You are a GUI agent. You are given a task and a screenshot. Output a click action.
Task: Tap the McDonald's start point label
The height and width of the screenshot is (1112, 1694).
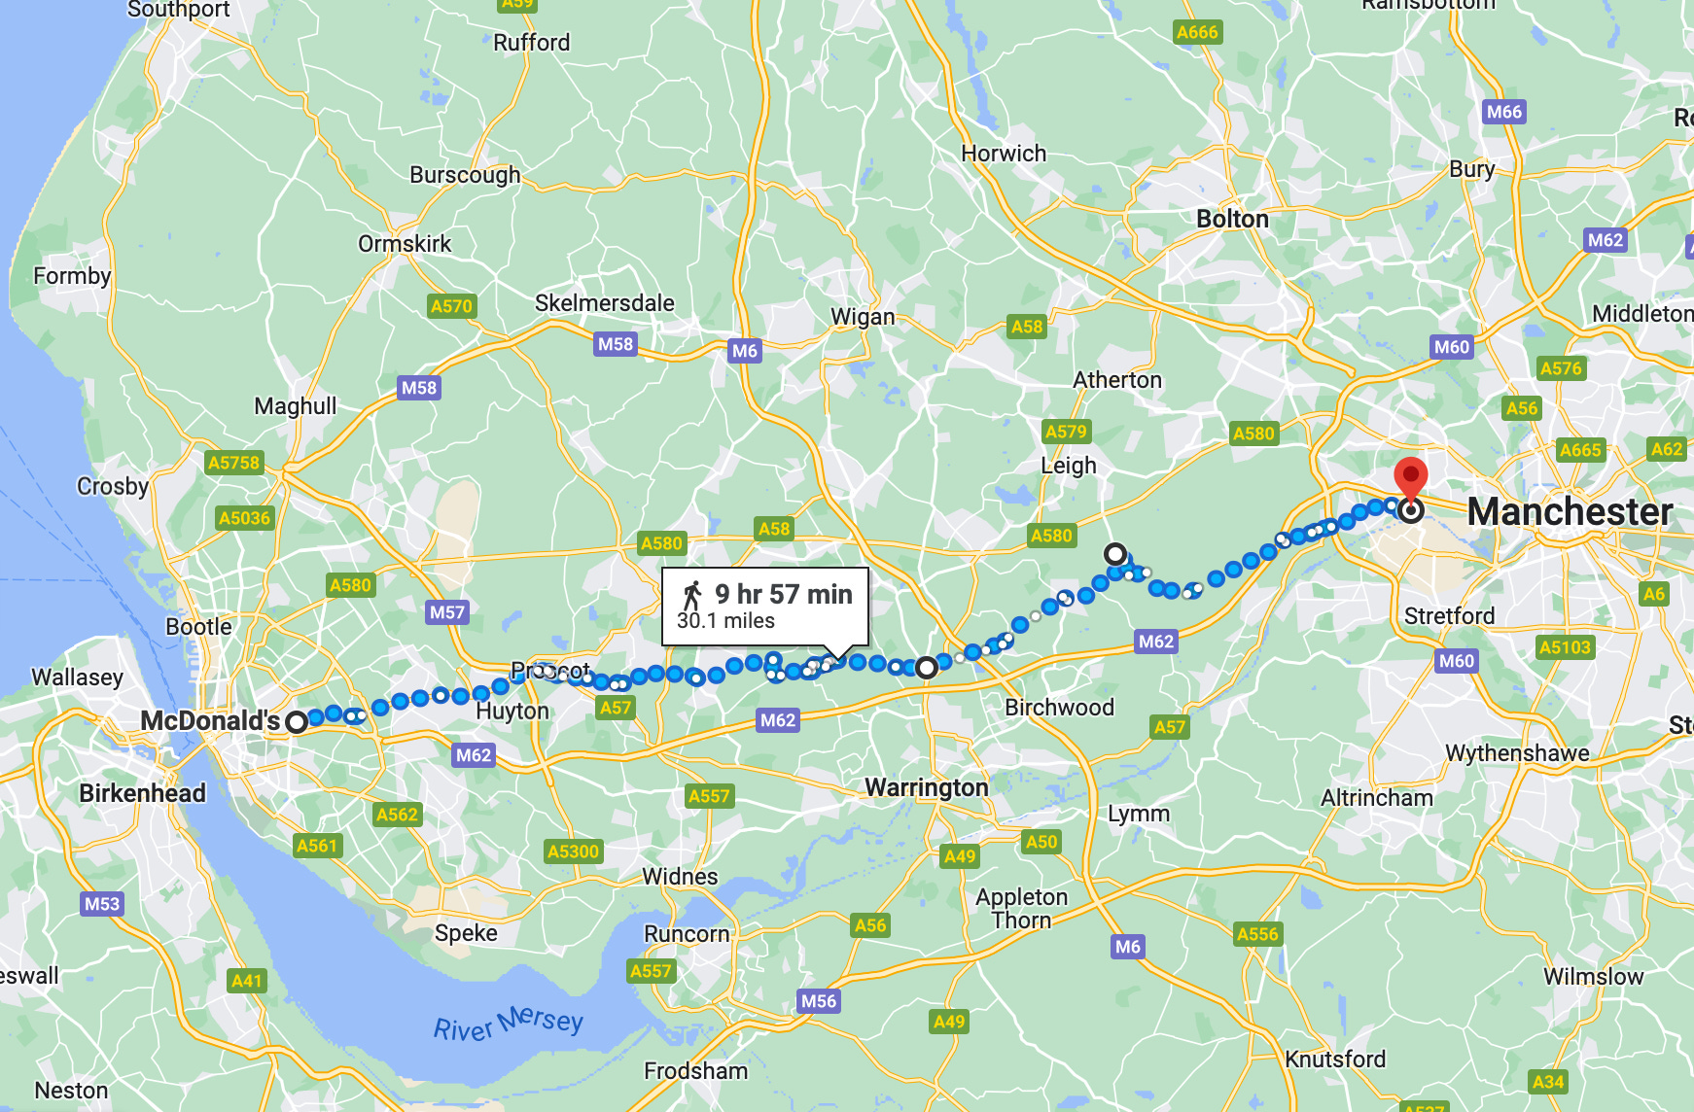coord(210,721)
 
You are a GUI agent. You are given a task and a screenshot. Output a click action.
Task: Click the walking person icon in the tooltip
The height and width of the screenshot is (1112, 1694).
coord(692,595)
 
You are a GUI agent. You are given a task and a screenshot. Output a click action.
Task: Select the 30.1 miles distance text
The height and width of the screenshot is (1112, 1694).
coord(725,621)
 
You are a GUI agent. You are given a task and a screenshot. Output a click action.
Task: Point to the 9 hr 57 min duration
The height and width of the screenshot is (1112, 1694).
coord(783,594)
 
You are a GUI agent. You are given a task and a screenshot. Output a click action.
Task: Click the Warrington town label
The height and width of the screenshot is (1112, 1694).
coord(926,787)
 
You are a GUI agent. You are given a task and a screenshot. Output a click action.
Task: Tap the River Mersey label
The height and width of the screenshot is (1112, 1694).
coord(508,1023)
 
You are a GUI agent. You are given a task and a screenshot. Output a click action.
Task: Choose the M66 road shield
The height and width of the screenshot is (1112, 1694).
coord(1503,112)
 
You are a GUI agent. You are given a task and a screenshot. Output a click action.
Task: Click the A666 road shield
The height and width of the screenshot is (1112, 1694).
coord(1196,32)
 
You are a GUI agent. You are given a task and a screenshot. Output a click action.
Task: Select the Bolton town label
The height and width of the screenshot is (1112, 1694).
coord(1232,220)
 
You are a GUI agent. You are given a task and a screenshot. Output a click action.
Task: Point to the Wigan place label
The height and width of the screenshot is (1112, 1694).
coord(863,317)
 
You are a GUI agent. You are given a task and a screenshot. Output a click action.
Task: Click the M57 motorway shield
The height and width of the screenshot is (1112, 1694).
coord(447,612)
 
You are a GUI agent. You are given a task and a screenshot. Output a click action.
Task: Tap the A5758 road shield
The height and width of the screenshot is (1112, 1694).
coord(234,463)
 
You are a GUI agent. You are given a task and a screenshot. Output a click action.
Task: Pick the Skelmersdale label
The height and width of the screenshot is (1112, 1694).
coord(604,303)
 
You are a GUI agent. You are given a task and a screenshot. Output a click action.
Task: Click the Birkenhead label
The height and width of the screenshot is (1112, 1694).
coord(142,793)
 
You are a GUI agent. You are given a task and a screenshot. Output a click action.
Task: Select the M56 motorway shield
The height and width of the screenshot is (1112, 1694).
coord(818,1001)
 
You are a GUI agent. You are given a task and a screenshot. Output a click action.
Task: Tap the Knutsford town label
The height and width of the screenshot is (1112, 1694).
coord(1334,1060)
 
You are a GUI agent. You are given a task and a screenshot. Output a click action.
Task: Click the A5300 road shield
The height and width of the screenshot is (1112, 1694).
coord(573,851)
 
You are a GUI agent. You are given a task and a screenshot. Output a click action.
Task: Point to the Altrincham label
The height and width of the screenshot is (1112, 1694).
coord(1376,798)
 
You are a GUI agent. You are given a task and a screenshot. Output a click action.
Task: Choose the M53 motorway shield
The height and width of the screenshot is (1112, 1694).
coord(102,904)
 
